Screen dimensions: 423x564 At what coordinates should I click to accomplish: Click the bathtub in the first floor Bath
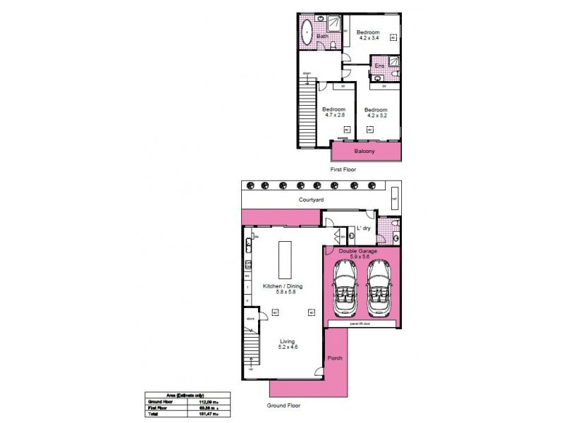[307, 33]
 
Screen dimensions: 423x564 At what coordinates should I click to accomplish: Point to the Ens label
[379, 66]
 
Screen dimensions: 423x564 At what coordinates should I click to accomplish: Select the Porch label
[336, 358]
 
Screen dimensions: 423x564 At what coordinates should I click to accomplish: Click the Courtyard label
[311, 201]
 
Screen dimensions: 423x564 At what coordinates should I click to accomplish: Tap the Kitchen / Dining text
[283, 286]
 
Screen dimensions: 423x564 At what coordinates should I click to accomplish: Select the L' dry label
[364, 228]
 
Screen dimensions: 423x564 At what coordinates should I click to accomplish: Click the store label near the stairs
[250, 319]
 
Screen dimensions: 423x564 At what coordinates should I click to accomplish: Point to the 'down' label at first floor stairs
[307, 73]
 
